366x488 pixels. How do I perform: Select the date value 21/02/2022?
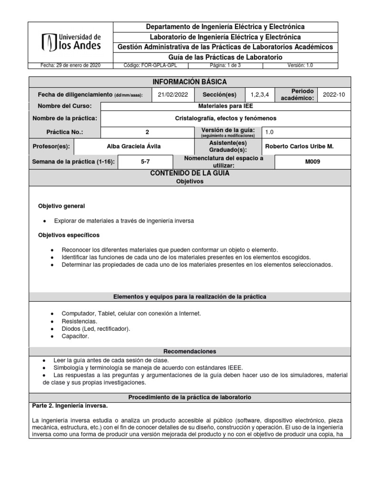pyautogui.click(x=174, y=94)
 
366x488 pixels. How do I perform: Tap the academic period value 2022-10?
pyautogui.click(x=334, y=94)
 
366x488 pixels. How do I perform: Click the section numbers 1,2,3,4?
pyautogui.click(x=260, y=94)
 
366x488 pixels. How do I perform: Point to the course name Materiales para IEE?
pyautogui.click(x=225, y=106)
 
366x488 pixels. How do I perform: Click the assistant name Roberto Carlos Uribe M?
pyautogui.click(x=299, y=146)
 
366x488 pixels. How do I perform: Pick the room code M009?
pyautogui.click(x=313, y=162)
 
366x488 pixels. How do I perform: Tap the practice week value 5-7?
pyautogui.click(x=145, y=162)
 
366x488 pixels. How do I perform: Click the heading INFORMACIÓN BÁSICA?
pyautogui.click(x=189, y=82)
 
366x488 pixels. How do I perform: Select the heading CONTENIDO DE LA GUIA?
pyautogui.click(x=190, y=173)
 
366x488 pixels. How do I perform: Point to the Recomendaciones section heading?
pyautogui.click(x=190, y=351)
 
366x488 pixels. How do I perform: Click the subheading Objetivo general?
pyautogui.click(x=61, y=206)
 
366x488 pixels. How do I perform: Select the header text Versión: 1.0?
pyautogui.click(x=300, y=66)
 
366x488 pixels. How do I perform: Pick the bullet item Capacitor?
pyautogui.click(x=75, y=336)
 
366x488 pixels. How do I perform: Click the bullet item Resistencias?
pyautogui.click(x=79, y=321)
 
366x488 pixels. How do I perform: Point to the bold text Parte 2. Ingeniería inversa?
pyautogui.click(x=70, y=406)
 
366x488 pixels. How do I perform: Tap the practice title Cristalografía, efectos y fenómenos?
pyautogui.click(x=225, y=118)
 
